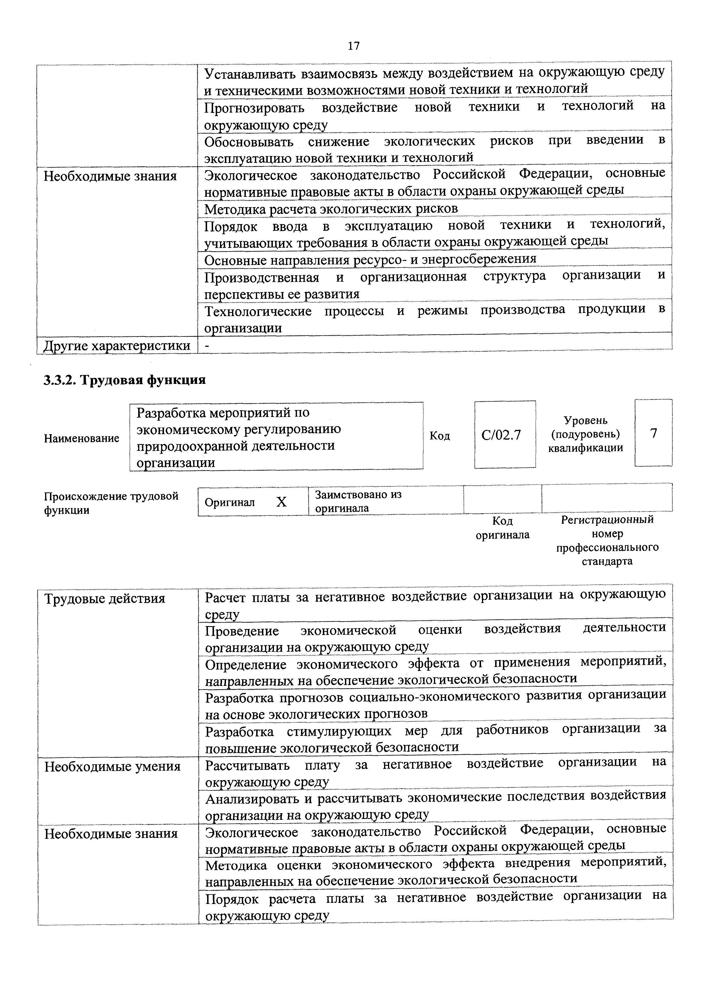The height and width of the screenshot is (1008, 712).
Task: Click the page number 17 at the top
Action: pyautogui.click(x=354, y=46)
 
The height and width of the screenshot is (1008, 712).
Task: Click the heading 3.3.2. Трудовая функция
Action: pyautogui.click(x=125, y=379)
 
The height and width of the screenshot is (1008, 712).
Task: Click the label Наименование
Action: pyautogui.click(x=82, y=438)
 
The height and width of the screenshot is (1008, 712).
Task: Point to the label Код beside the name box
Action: pyautogui.click(x=439, y=436)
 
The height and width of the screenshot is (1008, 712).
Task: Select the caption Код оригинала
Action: pyautogui.click(x=503, y=528)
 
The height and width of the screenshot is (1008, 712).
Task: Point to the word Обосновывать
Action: pyautogui.click(x=249, y=142)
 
